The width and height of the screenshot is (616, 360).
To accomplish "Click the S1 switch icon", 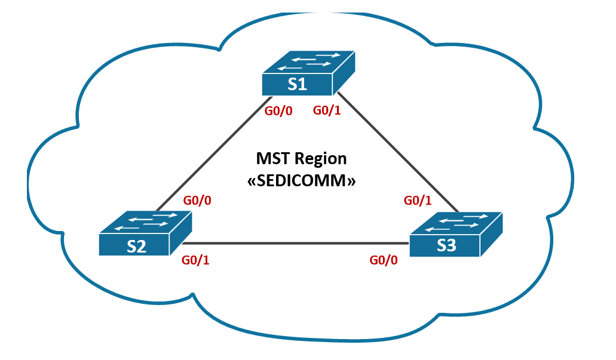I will (x=308, y=74).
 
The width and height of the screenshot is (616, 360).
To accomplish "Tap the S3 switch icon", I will (x=456, y=234).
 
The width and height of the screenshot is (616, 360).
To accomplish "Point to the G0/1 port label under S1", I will (x=327, y=111).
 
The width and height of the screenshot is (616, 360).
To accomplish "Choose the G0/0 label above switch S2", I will (x=197, y=201).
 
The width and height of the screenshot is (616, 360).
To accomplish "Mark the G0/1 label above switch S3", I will (x=418, y=201).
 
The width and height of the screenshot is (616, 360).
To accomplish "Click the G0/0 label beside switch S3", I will (x=384, y=260).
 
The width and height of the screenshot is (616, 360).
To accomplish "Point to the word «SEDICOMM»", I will (x=302, y=180).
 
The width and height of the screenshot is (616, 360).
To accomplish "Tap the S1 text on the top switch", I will (x=297, y=84).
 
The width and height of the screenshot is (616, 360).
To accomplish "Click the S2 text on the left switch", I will (x=136, y=246).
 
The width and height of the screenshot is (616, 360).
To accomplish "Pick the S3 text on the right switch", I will (x=446, y=245).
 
